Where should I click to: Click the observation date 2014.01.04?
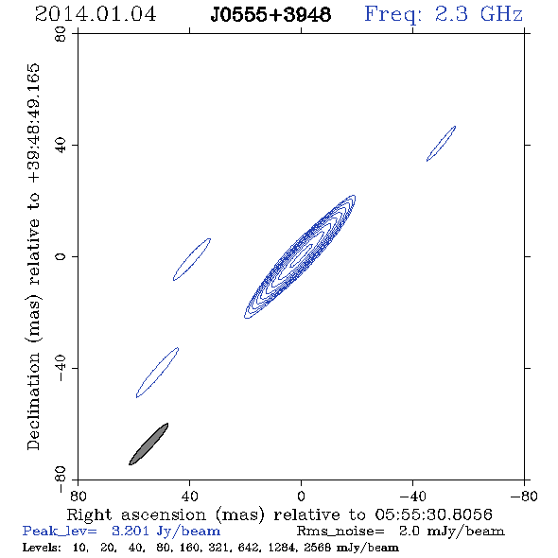(x=96, y=14)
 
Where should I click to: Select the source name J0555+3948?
(x=270, y=15)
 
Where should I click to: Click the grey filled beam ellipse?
(x=148, y=445)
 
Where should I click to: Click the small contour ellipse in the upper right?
(x=442, y=144)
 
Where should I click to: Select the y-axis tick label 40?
(x=61, y=146)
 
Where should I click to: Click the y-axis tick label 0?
(x=61, y=256)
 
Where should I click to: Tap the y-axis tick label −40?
(x=61, y=368)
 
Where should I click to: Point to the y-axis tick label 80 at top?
(x=61, y=34)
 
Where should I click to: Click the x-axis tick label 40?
(x=189, y=497)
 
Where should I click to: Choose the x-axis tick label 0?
(x=301, y=497)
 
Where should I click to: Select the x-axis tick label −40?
(x=412, y=497)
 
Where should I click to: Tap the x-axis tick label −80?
(x=524, y=497)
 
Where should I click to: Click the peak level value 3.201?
(x=131, y=531)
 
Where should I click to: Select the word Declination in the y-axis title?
(x=33, y=401)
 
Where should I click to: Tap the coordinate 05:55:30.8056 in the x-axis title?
(x=433, y=514)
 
